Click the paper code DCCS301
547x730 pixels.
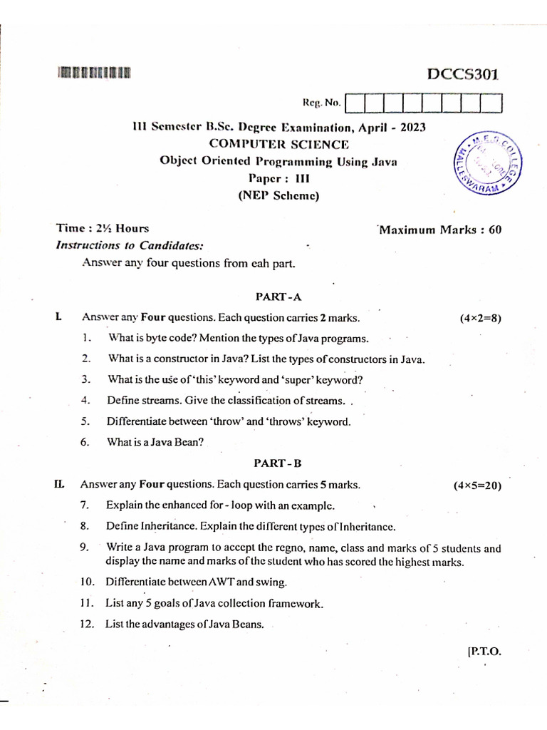point(463,73)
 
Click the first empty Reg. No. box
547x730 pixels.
point(355,104)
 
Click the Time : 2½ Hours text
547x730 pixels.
point(103,229)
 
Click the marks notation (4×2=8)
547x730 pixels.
point(481,319)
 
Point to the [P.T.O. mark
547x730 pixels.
point(484,651)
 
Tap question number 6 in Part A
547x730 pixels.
point(85,442)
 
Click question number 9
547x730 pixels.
point(84,547)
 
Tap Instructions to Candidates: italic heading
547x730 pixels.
point(130,245)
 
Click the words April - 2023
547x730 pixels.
point(392,128)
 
